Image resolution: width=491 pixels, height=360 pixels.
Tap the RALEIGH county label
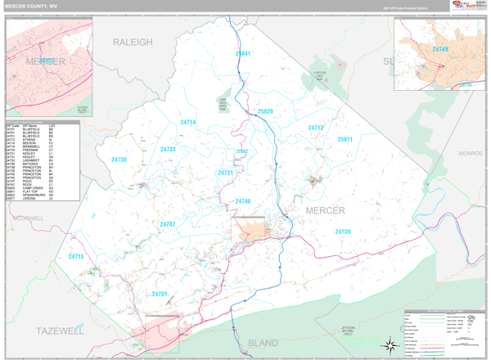133,42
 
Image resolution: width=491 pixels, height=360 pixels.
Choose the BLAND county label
262,343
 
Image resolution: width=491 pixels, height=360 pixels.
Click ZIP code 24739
342,232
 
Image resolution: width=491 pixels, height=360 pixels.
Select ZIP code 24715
76,256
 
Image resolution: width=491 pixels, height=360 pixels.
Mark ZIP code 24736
119,160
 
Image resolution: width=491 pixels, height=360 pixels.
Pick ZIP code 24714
188,122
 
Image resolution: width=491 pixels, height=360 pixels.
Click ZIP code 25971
345,140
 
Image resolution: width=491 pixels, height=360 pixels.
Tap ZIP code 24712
316,128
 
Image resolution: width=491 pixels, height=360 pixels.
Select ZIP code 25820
265,110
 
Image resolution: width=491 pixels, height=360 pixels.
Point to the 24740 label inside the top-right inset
441,50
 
